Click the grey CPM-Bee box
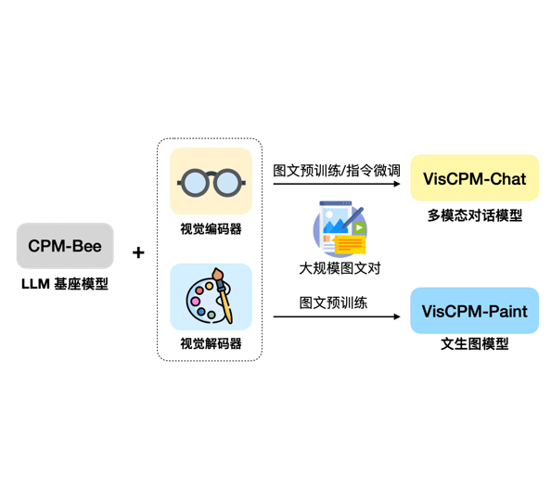pyautogui.click(x=65, y=246)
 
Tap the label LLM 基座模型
pyautogui.click(x=65, y=284)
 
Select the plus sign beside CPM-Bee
pyautogui.click(x=139, y=251)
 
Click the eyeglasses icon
pyautogui.click(x=211, y=181)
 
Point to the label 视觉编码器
pyautogui.click(x=211, y=228)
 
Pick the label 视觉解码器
pyautogui.click(x=211, y=343)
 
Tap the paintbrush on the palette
pyautogui.click(x=223, y=294)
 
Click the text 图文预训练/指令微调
pyautogui.click(x=337, y=171)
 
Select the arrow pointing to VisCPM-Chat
pyautogui.click(x=337, y=184)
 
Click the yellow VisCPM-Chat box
pyautogui.click(x=474, y=178)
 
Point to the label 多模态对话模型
pyautogui.click(x=474, y=215)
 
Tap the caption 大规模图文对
pyautogui.click(x=340, y=268)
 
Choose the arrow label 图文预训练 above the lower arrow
pyautogui.click(x=333, y=303)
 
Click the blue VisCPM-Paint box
pyautogui.click(x=474, y=311)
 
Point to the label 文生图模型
pyautogui.click(x=474, y=343)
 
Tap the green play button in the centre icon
pyautogui.click(x=358, y=227)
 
